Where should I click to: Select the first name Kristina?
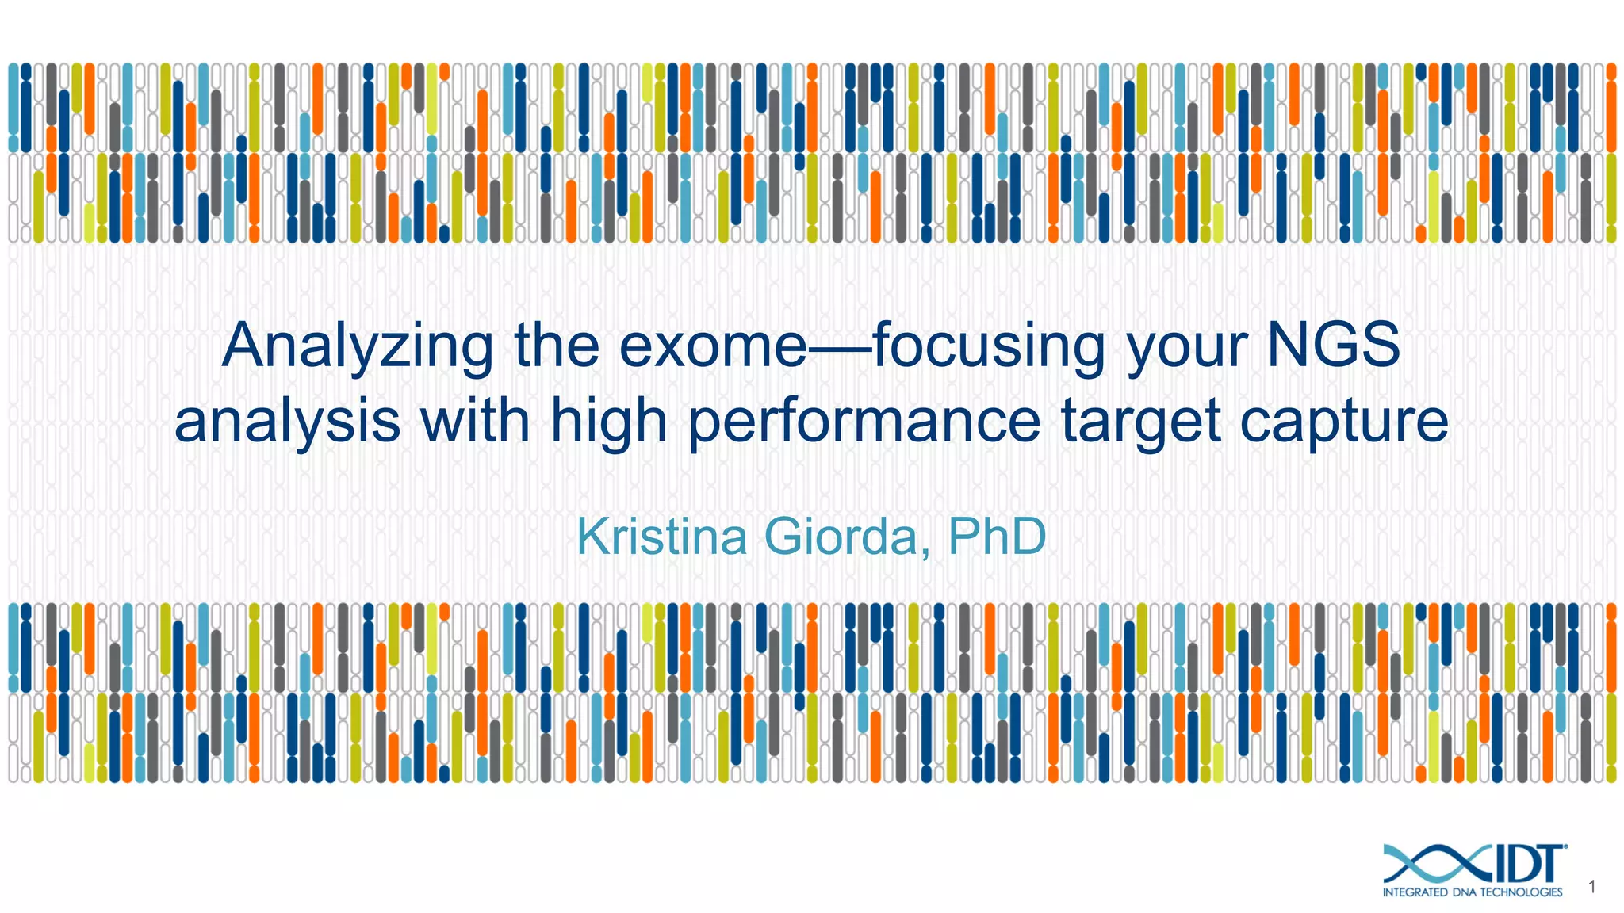[x=661, y=537]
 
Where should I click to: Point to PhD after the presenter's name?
[x=997, y=537]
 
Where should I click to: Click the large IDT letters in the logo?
[x=1526, y=864]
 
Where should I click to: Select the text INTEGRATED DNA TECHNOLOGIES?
[x=1472, y=892]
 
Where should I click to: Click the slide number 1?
[x=1591, y=887]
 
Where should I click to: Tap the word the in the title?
[x=556, y=346]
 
